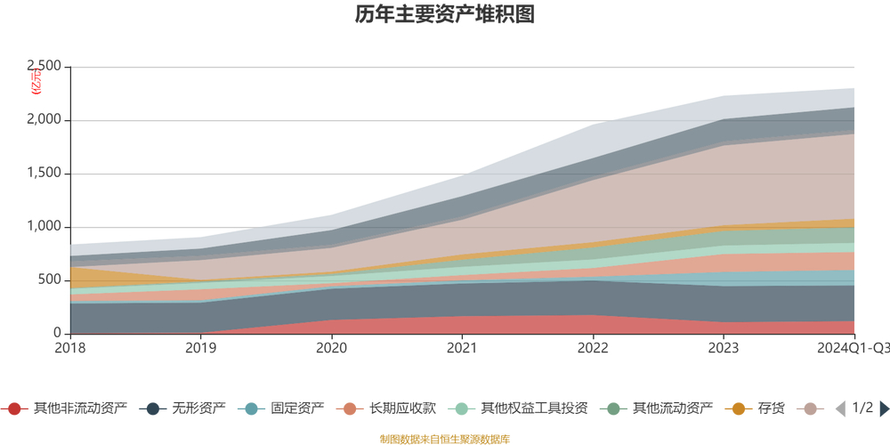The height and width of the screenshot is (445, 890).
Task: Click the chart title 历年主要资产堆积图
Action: point(444,15)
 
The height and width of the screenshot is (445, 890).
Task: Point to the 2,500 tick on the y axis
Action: point(44,67)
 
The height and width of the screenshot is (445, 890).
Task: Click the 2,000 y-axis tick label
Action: point(44,120)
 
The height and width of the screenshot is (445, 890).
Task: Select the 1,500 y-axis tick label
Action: point(44,174)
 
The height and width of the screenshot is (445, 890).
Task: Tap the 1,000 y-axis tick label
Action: point(44,227)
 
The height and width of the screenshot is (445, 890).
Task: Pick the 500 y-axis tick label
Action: point(50,280)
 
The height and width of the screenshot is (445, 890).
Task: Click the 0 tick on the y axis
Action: point(57,334)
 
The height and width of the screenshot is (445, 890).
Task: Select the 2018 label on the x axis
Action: point(70,348)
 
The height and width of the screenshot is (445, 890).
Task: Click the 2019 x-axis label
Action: point(201,348)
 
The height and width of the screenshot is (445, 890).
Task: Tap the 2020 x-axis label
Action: point(332,348)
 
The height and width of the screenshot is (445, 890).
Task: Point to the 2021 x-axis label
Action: point(463,348)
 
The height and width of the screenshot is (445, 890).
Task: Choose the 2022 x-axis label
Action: point(594,348)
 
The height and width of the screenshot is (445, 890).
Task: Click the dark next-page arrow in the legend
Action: point(884,409)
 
